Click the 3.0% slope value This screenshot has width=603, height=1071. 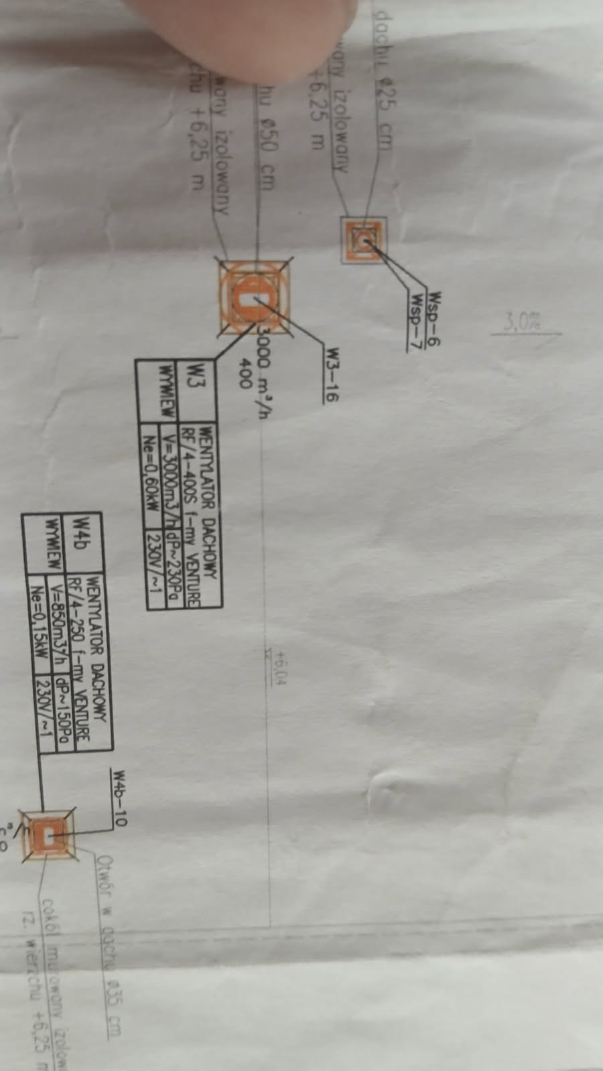[523, 323]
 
